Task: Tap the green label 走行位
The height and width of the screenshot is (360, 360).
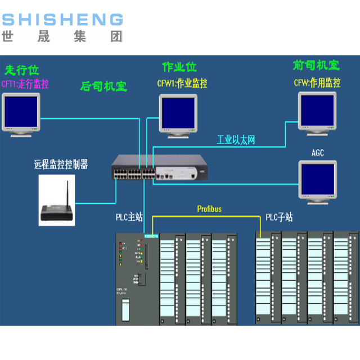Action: tap(22, 70)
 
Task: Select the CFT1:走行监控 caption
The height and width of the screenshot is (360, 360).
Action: tap(26, 84)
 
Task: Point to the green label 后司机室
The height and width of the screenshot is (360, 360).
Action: tap(103, 87)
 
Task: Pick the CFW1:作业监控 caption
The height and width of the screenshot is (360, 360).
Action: tap(182, 83)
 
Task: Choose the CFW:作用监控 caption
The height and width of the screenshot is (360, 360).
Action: tap(317, 83)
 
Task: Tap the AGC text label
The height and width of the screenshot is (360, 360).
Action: tap(318, 152)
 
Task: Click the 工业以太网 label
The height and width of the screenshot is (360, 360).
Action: tap(236, 139)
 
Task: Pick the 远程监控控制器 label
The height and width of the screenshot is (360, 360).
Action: tap(61, 165)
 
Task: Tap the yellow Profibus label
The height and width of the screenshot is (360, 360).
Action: tap(209, 209)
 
